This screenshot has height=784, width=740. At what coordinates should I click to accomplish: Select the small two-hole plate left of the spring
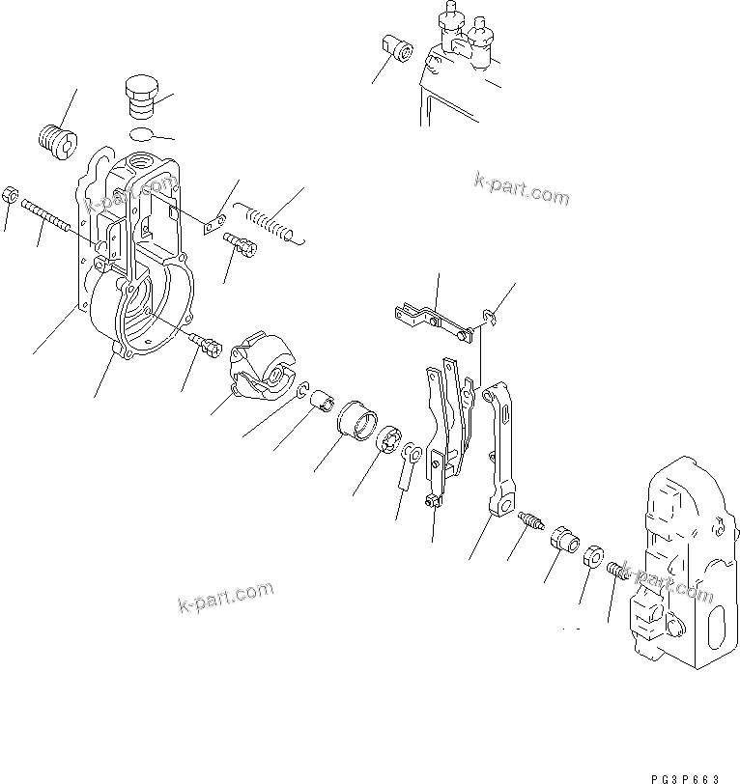(216, 224)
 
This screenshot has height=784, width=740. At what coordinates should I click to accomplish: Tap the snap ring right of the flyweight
(304, 391)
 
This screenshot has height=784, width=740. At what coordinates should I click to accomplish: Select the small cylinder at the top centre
(397, 45)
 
